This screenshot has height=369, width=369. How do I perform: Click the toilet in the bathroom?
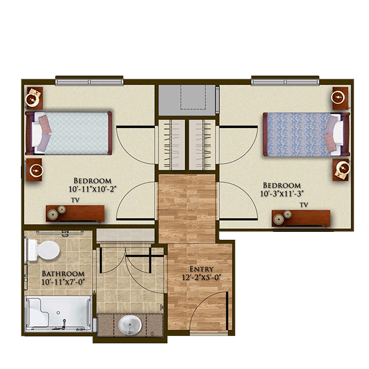44,250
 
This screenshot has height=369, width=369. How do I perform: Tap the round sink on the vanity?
130,325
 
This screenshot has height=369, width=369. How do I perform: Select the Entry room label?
202,269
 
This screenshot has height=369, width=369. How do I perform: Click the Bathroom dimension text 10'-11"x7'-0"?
63,282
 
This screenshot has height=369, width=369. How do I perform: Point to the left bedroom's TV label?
75,200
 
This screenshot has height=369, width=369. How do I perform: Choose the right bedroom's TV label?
304,205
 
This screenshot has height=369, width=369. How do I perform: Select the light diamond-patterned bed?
68,133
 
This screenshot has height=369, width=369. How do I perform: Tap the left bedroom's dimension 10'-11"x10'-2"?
93,189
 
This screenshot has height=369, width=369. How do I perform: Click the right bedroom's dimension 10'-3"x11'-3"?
282,194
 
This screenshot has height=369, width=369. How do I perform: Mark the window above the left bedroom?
89,82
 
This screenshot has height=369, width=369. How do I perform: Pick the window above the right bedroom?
285,82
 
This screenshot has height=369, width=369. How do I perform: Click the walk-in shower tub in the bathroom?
58,314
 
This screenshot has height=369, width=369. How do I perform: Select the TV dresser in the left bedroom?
75,213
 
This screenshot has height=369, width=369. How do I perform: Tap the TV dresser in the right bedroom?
301,218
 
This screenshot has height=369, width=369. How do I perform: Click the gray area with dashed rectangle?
187,100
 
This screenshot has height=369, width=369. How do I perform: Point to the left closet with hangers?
172,145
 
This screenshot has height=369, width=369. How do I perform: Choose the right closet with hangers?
202,145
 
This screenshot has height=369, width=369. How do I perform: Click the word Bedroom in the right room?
282,186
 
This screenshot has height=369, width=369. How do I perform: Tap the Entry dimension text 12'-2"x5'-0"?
202,277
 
